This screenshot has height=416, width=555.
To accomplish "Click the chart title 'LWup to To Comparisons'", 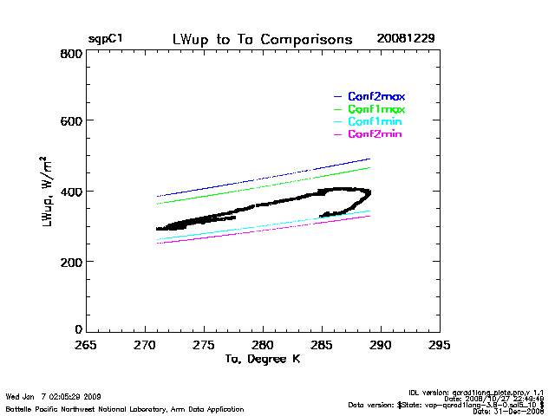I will click(262, 40).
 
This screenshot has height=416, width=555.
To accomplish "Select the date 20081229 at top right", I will click(405, 40).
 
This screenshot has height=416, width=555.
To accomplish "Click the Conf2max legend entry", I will click(376, 96).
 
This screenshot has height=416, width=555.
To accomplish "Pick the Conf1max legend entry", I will click(376, 109).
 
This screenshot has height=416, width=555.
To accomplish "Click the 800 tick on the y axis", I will click(72, 53).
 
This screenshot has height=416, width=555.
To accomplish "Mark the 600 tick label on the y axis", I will click(72, 122).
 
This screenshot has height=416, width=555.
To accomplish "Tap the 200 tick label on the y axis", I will click(72, 261).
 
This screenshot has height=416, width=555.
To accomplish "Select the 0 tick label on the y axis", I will click(78, 330).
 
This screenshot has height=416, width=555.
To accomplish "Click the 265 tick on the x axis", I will click(85, 344).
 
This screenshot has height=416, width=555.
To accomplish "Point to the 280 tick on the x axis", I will click(263, 344).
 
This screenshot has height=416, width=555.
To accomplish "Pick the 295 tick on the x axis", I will click(440, 344).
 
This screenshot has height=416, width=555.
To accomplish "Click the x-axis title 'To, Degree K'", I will click(262, 359).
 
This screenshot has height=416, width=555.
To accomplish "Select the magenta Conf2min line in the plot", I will click(286, 231).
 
